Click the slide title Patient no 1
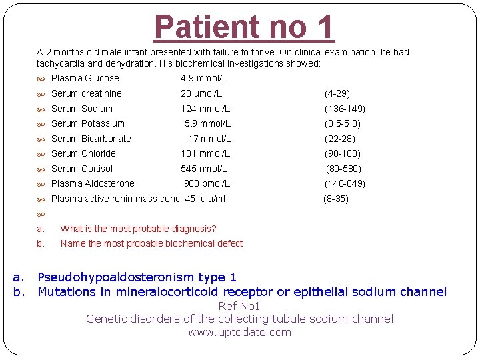tap(243, 27)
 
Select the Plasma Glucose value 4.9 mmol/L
tap(204, 78)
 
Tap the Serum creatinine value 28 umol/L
tap(201, 93)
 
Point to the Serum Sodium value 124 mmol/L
tap(205, 109)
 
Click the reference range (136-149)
tap(345, 109)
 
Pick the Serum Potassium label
tap(87, 123)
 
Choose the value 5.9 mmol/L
tap(207, 123)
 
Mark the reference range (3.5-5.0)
tap(343, 123)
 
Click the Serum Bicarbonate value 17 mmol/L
tap(209, 139)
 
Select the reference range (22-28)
tap(340, 139)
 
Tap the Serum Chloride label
tap(83, 153)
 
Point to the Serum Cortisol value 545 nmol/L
tap(204, 169)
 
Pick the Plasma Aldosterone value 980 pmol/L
tap(207, 183)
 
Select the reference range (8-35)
tap(336, 199)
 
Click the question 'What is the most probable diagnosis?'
tap(138, 229)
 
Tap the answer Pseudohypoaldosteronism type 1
tap(137, 277)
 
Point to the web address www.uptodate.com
tap(240, 332)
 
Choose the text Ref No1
tap(239, 306)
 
